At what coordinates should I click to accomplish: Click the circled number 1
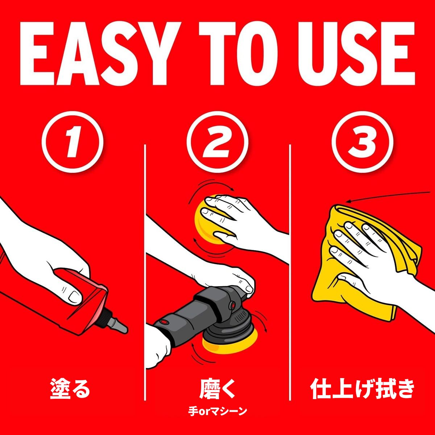[x=72, y=142]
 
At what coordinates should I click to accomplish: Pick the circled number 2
[x=217, y=142]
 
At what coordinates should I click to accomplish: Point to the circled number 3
[x=362, y=142]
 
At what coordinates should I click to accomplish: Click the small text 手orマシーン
[x=217, y=412]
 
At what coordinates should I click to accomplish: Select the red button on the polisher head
[x=232, y=306]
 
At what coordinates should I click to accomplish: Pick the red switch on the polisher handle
[x=163, y=322]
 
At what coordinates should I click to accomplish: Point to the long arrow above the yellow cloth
[x=388, y=196]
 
